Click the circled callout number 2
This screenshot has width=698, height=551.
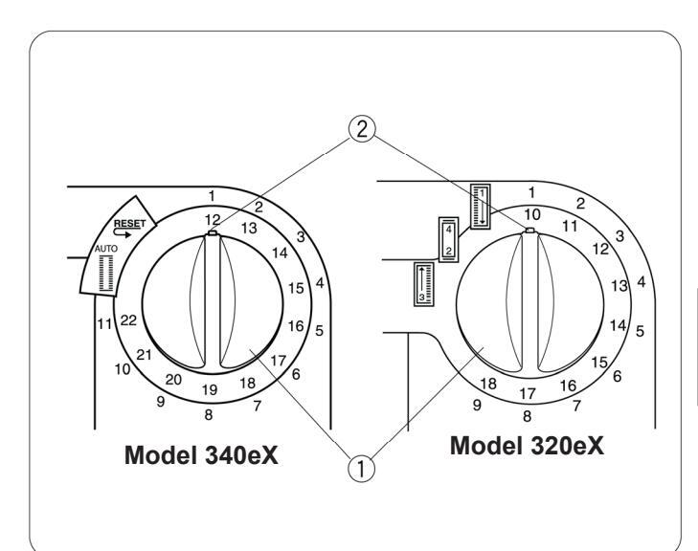pos(362,129)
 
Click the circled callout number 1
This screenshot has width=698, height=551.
pos(361,469)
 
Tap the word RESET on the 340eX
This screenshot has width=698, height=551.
pos(129,224)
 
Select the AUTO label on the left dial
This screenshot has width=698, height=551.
pos(106,249)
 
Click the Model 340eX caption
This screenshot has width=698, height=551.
pos(201,455)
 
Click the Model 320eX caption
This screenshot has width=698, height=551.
pos(527,445)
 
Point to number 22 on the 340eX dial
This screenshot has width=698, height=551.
pos(128,320)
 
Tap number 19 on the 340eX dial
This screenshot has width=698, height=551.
pos(210,390)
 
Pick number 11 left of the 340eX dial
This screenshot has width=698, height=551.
pos(104,323)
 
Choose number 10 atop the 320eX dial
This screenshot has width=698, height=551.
pos(532,215)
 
